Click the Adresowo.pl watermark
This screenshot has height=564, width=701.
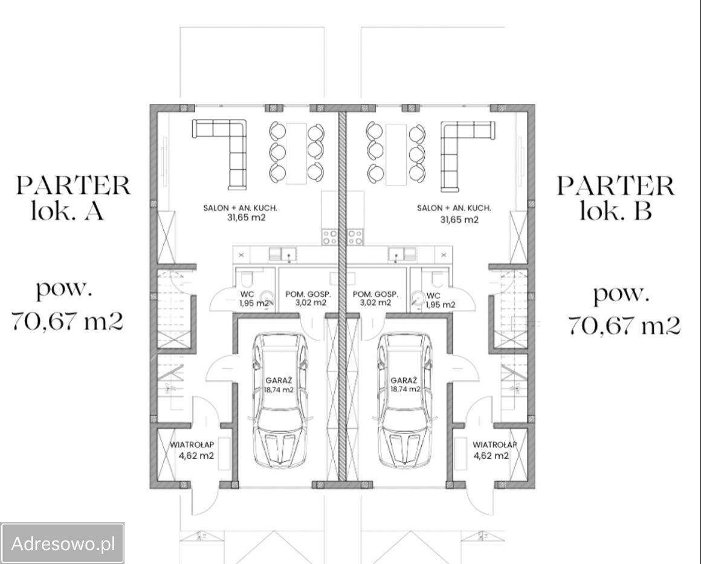pos(63,543)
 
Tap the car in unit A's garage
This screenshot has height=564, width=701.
pos(280,400)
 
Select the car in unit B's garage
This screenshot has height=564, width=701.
pos(405,400)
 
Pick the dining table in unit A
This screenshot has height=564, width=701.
pos(296,153)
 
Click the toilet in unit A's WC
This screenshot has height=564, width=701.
pos(247,278)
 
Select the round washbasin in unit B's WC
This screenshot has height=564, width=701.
pos(418,298)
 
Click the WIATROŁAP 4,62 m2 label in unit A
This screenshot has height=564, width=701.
pos(193,450)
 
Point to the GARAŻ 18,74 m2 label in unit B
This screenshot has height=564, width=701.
pos(405,385)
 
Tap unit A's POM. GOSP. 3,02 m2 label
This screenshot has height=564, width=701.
pos(308,298)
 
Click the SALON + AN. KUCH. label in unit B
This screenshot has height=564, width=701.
pos(454,208)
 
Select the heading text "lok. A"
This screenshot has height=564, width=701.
pos(68,210)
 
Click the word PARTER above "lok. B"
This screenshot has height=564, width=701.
pos(615,186)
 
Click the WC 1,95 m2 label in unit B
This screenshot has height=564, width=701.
pos(441,300)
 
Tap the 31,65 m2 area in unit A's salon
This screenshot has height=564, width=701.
pos(247,218)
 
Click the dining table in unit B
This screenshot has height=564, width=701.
pos(396,154)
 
